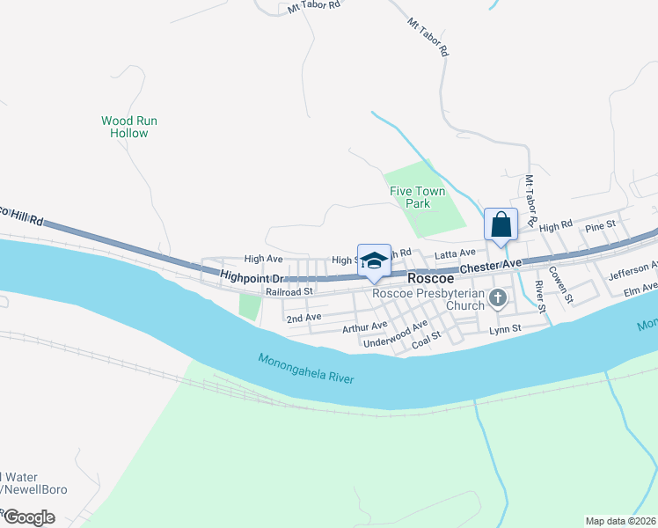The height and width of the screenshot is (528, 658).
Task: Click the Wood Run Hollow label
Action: (x=129, y=127)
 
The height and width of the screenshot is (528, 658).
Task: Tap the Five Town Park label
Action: (x=417, y=197)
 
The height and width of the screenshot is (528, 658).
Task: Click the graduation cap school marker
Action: (x=374, y=260)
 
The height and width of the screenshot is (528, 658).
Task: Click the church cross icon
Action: (x=498, y=298)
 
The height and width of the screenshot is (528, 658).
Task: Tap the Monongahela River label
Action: (x=306, y=369)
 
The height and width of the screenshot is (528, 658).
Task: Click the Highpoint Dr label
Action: (x=249, y=275)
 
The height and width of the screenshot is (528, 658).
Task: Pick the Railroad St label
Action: (x=289, y=291)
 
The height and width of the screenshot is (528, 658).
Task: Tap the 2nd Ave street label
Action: (x=303, y=317)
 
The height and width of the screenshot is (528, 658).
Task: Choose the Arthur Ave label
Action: (x=364, y=328)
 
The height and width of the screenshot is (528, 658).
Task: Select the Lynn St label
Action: (x=505, y=329)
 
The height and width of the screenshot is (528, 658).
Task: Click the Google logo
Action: (x=29, y=517)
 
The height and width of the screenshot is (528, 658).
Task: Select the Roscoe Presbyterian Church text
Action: (x=428, y=299)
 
